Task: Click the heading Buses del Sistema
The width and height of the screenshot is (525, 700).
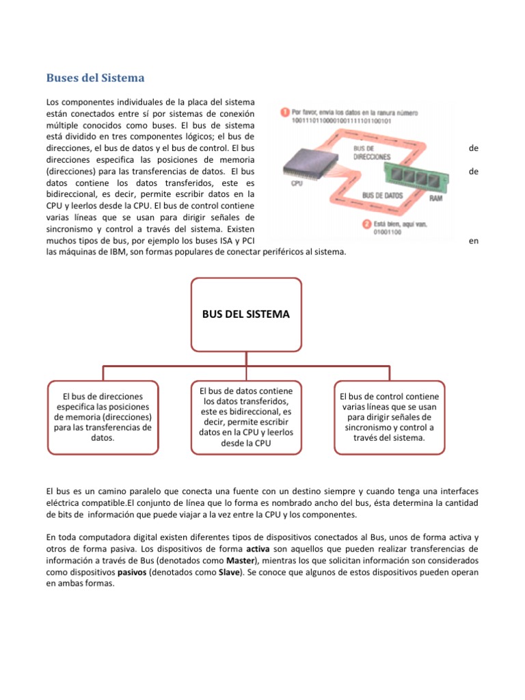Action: pos(94,77)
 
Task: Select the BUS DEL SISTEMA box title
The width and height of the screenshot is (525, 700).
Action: pos(245,314)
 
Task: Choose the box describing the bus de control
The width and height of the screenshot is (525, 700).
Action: pos(389,417)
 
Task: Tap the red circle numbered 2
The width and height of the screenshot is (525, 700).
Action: pos(366,223)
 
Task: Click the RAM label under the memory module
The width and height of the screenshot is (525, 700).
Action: pos(435,198)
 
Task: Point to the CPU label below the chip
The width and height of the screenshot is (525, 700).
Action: pos(297,184)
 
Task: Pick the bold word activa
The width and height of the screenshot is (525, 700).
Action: pos(257,549)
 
